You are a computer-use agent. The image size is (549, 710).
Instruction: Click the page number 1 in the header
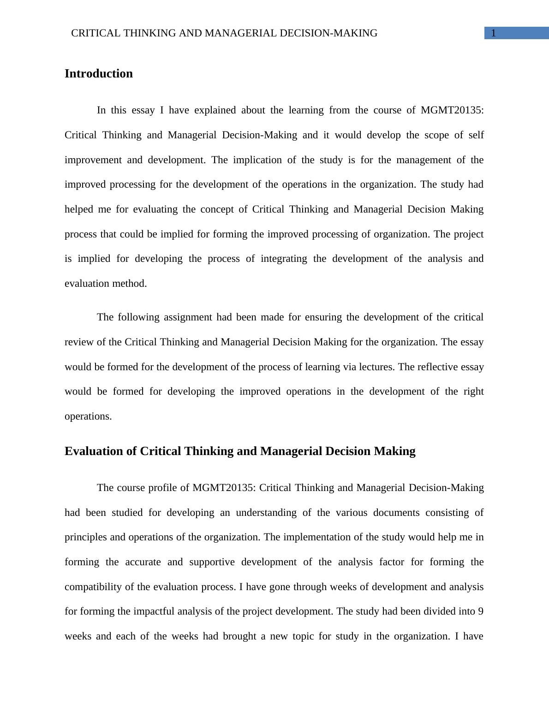click(x=494, y=33)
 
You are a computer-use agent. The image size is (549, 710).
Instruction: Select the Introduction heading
click(x=98, y=74)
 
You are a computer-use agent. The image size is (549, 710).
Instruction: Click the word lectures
click(x=375, y=367)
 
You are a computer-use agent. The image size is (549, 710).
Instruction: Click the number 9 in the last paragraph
click(x=480, y=611)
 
